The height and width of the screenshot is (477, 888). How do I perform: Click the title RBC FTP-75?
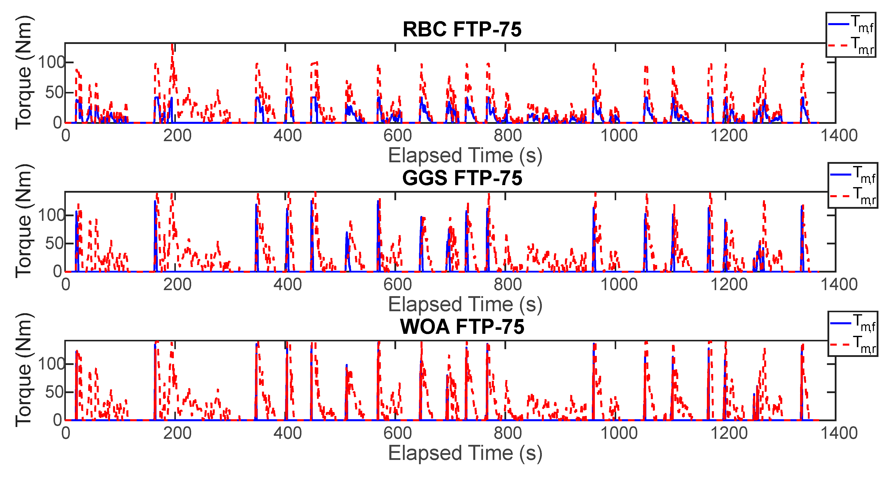point(462,29)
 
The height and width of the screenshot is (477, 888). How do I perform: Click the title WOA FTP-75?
point(462,327)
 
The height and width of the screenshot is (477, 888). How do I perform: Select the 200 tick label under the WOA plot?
point(177,433)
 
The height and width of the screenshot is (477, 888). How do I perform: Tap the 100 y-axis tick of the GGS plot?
point(51,216)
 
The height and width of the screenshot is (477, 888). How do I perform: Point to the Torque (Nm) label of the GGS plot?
point(24,221)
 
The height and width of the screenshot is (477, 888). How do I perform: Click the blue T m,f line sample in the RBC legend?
point(838,24)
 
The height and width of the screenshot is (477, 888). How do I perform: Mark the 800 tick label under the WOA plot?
point(508,433)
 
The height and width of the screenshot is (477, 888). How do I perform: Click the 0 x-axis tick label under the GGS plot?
point(66,285)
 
